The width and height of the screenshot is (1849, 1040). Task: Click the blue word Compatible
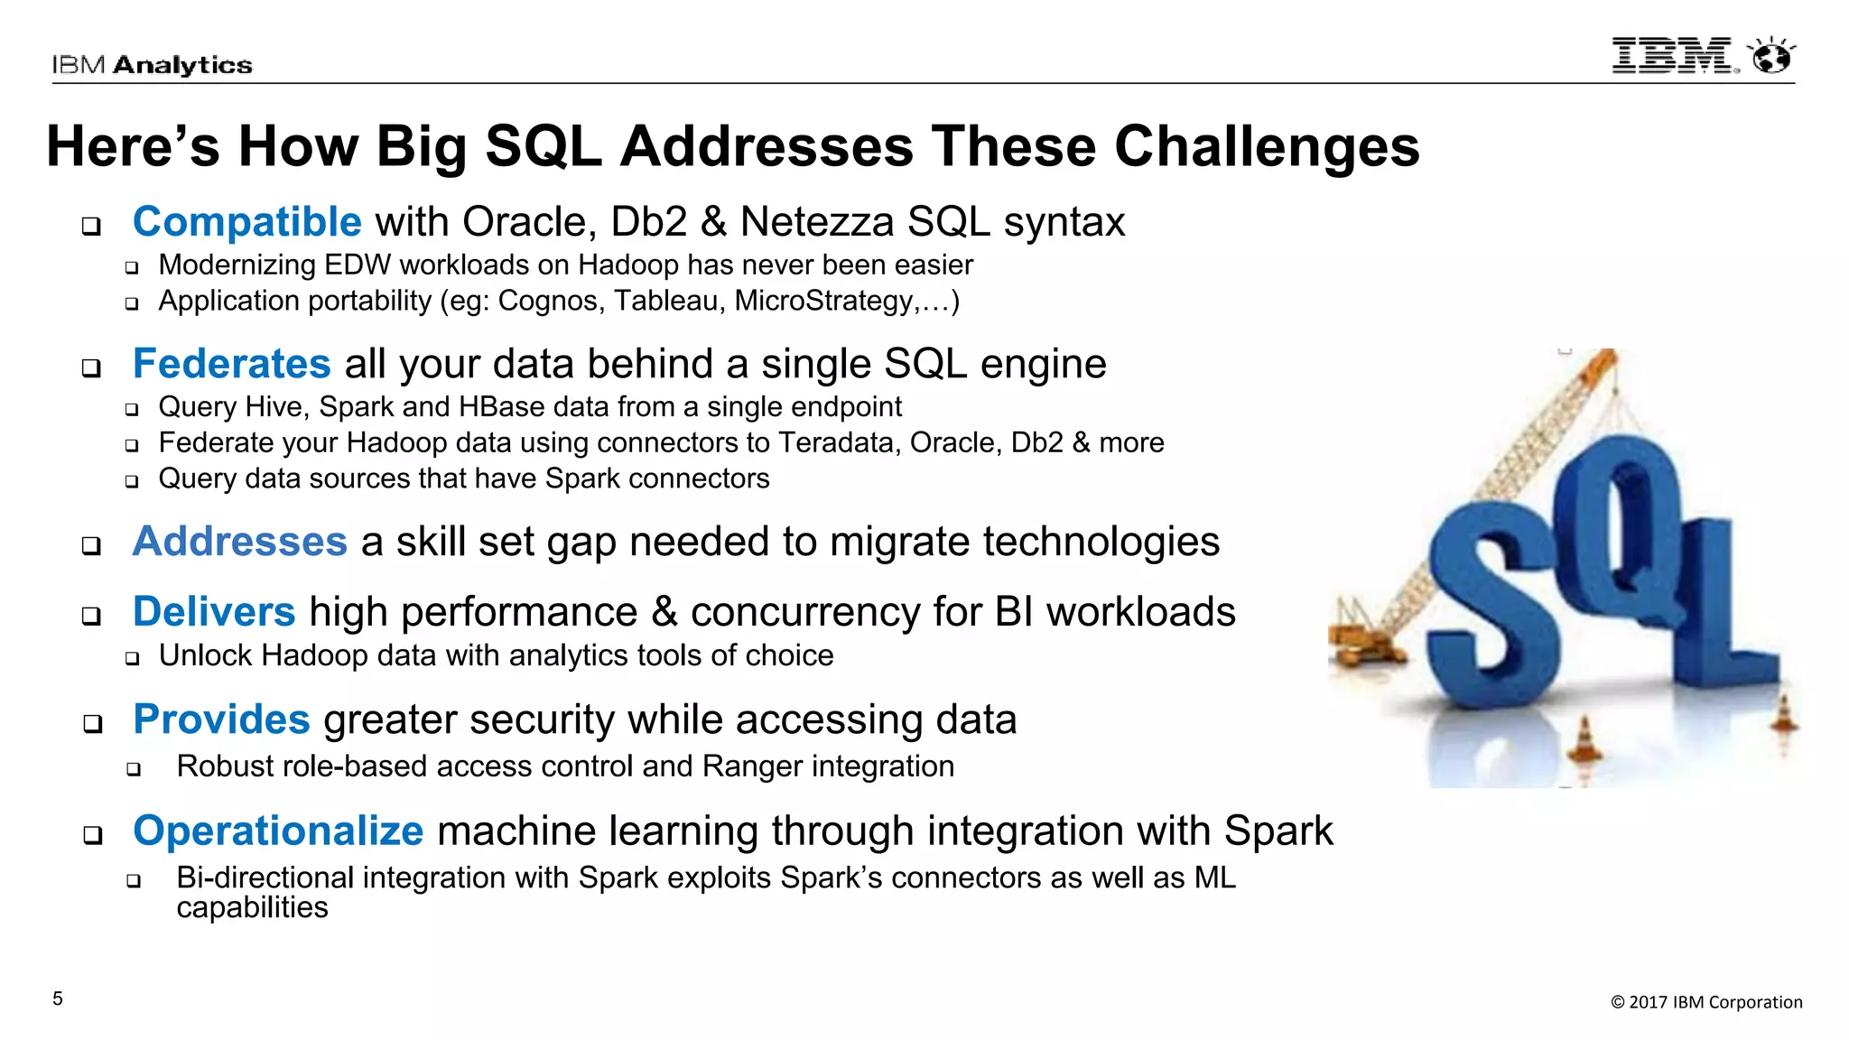tap(246, 222)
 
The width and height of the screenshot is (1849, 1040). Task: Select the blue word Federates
tap(231, 364)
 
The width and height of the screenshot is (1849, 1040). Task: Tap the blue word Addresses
tap(239, 542)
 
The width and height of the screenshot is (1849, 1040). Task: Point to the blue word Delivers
tap(214, 612)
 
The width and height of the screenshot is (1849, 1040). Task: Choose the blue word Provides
tap(221, 720)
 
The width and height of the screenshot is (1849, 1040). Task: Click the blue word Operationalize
tap(278, 831)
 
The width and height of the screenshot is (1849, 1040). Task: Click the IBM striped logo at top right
tap(1673, 56)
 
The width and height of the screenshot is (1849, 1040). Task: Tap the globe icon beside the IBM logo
tap(1770, 57)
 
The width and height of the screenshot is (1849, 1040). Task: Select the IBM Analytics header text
tap(152, 65)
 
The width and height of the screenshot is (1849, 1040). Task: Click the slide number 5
tap(58, 998)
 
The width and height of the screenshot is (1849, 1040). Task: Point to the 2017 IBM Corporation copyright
tap(1706, 1002)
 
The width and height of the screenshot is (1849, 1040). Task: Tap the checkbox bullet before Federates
tap(91, 368)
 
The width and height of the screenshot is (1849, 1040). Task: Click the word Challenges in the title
tap(1266, 146)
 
